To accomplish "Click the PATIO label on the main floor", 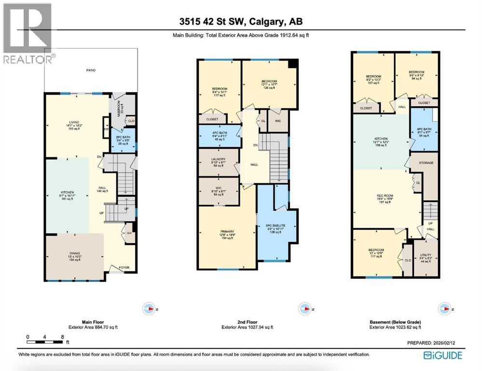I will coord(91,71).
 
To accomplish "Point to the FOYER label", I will coord(118,267).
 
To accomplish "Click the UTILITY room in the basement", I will coord(426,257).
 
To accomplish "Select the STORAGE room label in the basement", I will coord(426,163).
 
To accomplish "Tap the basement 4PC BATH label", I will coord(425,131).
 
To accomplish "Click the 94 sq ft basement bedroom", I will coord(416,73).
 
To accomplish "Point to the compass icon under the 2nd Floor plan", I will coord(304,308).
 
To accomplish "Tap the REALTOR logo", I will coord(28,34).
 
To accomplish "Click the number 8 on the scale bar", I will coord(62,336).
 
